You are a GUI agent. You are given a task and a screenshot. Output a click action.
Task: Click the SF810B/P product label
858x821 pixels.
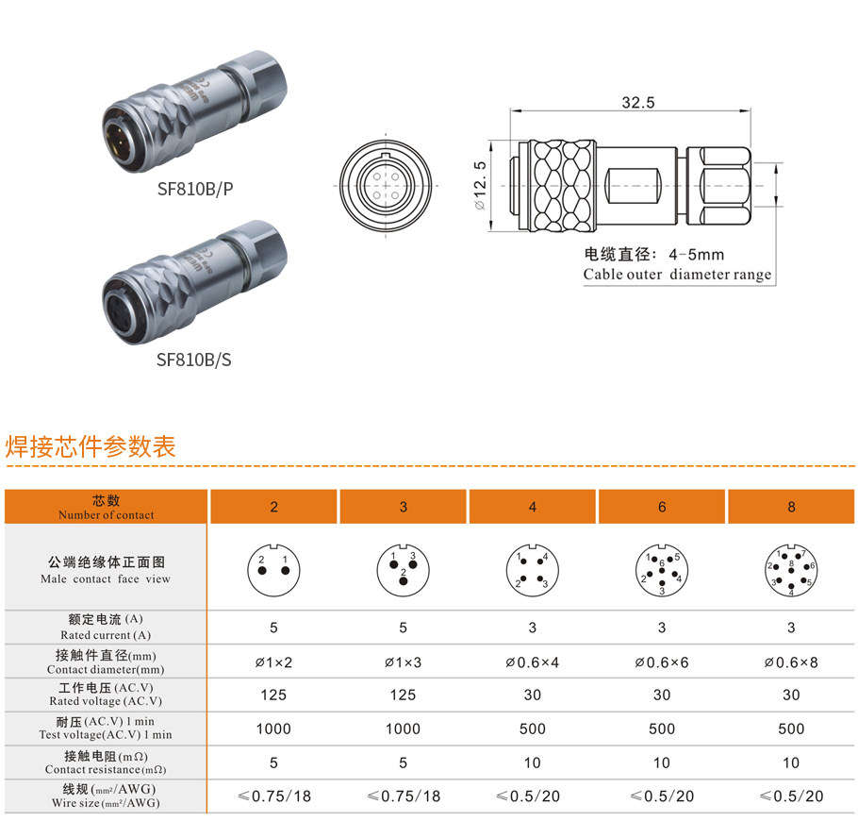click(195, 189)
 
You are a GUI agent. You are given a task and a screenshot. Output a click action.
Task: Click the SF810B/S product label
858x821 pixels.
click(194, 359)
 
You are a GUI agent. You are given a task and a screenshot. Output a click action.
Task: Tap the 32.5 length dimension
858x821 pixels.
click(637, 103)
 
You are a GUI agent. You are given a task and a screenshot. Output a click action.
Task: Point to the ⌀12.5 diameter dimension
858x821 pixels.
click(480, 185)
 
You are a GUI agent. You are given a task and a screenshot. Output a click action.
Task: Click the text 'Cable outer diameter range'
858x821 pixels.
click(676, 275)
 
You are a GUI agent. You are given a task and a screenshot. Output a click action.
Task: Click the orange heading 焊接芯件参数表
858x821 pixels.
click(91, 446)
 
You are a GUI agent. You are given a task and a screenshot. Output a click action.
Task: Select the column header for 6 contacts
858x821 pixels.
click(662, 507)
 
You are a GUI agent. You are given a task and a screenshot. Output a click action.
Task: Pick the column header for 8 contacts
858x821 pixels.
click(791, 507)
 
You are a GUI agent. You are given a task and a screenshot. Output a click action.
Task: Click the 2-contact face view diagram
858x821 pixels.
click(273, 568)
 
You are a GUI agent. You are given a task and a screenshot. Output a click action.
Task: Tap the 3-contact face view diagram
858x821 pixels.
click(403, 567)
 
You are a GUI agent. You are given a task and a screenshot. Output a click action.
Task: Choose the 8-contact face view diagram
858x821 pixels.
click(791, 568)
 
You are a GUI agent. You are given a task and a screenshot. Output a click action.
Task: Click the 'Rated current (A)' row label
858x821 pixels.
click(106, 628)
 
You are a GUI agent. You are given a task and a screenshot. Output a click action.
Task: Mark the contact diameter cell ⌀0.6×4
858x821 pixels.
click(532, 662)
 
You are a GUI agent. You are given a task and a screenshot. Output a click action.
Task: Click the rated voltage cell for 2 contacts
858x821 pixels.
click(273, 695)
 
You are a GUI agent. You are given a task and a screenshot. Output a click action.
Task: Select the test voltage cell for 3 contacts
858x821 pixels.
click(403, 729)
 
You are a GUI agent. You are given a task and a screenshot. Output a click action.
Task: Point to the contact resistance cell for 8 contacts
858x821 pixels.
click(791, 762)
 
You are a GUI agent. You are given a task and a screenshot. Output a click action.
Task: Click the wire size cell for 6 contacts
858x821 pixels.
click(662, 796)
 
